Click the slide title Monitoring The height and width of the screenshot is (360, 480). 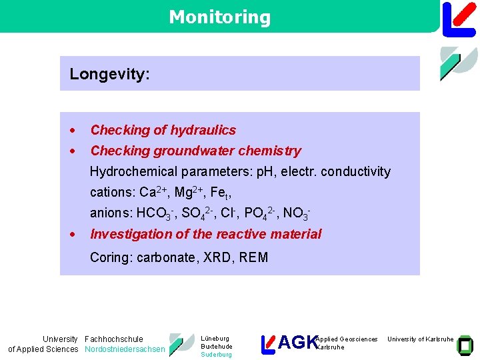(219, 17)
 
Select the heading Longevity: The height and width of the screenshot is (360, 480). (110, 74)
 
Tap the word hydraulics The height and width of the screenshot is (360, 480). (203, 130)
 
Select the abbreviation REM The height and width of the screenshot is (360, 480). (253, 257)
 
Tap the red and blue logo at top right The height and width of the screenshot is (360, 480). (459, 18)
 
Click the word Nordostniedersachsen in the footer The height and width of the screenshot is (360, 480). (125, 349)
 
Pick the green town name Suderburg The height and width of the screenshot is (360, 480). (216, 355)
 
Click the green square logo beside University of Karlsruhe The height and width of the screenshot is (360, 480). (465, 344)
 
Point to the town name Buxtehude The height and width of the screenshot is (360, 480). (216, 347)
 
